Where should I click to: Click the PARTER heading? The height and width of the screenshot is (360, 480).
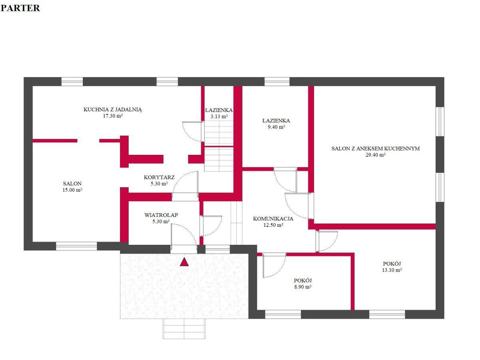(x=20, y=8)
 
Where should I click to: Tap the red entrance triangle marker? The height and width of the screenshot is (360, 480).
(x=184, y=262)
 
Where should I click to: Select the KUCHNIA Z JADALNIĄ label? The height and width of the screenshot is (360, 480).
(x=113, y=110)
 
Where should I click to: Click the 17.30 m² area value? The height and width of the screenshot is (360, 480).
(x=113, y=116)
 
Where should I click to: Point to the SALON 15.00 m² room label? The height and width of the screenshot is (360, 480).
(x=72, y=187)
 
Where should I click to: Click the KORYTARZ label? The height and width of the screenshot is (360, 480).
(x=159, y=177)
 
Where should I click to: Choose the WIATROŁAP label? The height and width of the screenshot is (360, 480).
(x=161, y=215)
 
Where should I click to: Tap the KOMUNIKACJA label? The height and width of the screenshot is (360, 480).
(x=273, y=218)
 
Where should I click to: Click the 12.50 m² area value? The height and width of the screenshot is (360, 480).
(x=273, y=225)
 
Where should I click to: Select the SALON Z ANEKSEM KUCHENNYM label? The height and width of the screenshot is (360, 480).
(x=376, y=148)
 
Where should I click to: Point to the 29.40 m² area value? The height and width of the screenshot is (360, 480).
(x=376, y=155)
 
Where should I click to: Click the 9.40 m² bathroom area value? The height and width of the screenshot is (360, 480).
(x=276, y=127)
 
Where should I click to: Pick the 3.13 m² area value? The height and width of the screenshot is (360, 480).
(x=219, y=116)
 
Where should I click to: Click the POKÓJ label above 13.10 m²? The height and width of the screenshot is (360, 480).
(x=392, y=264)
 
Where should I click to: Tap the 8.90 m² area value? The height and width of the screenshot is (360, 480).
(x=303, y=287)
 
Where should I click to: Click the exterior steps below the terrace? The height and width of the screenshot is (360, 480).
(x=184, y=328)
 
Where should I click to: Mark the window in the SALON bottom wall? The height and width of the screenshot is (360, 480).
(x=76, y=246)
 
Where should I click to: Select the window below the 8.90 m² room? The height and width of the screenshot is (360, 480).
(x=283, y=314)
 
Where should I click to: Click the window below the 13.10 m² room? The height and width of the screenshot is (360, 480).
(x=387, y=314)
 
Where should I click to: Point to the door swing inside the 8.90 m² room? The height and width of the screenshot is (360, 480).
(x=274, y=265)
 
